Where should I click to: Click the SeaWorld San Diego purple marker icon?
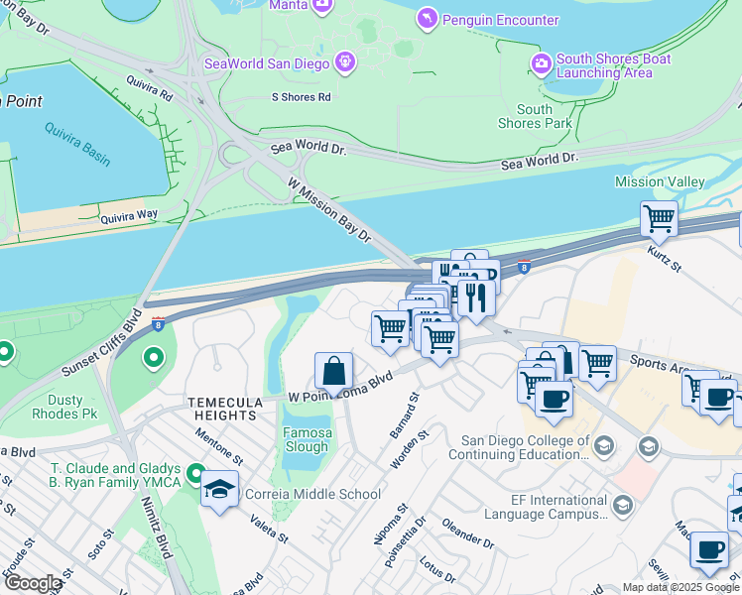[x=344, y=62]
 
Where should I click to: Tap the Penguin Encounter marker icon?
[x=426, y=19]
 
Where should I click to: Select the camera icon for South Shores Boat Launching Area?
[x=542, y=65]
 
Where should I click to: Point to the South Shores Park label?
[x=535, y=117]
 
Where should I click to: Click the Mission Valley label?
[x=660, y=181]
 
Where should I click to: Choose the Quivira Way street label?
[x=129, y=214]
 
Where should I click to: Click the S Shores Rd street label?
[x=301, y=97]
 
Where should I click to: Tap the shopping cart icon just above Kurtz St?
[x=659, y=218]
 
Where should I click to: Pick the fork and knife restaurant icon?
[x=476, y=297]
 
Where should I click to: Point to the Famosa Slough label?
[x=307, y=439]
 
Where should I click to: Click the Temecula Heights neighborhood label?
[x=225, y=409]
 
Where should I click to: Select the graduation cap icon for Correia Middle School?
[x=219, y=488]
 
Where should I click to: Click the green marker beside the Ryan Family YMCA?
[x=195, y=475]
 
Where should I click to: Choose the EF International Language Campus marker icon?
[x=622, y=507]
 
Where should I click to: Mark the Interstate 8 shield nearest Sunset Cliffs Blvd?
[x=158, y=321]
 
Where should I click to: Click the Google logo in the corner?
[x=33, y=583]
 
